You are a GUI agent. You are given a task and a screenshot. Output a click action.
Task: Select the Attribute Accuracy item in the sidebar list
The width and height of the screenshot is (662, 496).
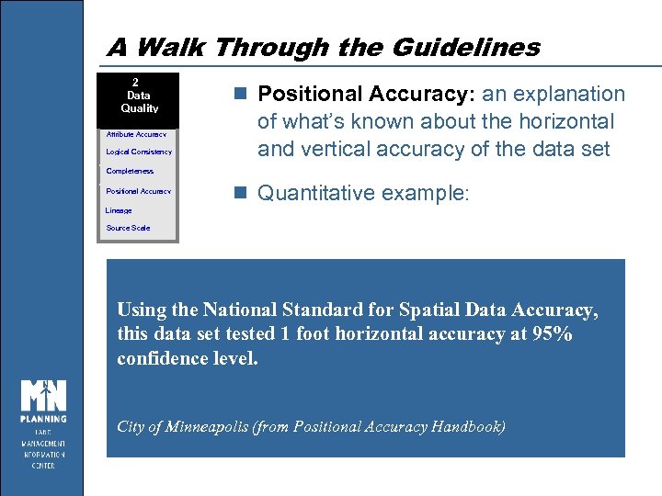(x=136, y=134)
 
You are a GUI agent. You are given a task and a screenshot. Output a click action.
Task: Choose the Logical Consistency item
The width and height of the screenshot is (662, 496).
(x=139, y=152)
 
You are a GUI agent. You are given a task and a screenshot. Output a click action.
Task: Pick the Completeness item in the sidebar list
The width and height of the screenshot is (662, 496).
(x=130, y=171)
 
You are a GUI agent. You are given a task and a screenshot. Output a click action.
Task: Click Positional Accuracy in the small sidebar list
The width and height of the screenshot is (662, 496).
(x=138, y=191)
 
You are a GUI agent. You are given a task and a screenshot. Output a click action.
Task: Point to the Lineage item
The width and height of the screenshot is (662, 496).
(x=119, y=210)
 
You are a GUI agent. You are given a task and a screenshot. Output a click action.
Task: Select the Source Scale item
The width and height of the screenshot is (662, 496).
(x=128, y=228)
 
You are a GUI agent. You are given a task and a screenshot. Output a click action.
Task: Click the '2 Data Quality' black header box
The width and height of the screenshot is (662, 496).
(x=139, y=95)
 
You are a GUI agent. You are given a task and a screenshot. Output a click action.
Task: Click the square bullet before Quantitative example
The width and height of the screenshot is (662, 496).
(x=241, y=193)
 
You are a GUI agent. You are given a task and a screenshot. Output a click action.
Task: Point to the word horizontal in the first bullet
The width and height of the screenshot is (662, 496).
(x=566, y=121)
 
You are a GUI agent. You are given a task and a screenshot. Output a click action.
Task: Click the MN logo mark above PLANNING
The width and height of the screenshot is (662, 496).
(x=44, y=393)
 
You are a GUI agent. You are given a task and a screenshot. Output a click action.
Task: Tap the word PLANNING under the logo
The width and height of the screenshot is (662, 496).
(x=44, y=419)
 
